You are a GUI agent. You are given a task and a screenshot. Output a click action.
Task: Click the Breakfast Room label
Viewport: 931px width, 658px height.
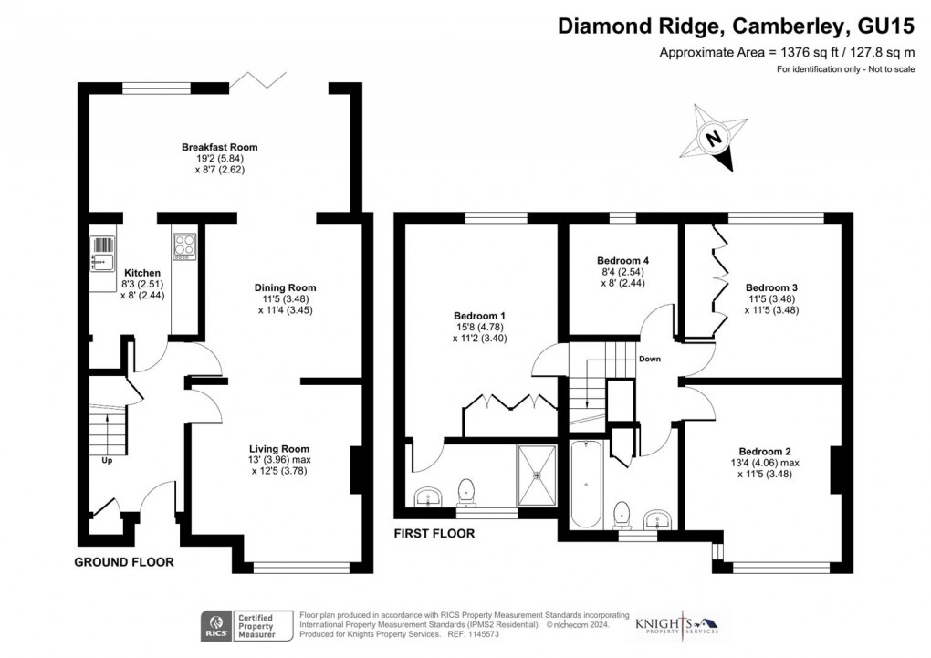pos(220,147)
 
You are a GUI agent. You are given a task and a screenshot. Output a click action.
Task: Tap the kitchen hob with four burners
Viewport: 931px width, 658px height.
pos(184,246)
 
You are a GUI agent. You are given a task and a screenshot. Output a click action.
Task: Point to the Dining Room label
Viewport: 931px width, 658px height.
pos(286,288)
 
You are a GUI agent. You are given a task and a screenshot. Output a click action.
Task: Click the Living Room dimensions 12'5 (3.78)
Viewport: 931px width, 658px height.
pos(279,471)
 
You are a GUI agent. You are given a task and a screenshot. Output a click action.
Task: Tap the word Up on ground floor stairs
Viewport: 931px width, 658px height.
pos(107,460)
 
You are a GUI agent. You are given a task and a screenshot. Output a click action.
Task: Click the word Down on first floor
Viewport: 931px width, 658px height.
pos(650,359)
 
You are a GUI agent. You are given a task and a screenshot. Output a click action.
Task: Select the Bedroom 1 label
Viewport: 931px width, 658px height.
pos(480,316)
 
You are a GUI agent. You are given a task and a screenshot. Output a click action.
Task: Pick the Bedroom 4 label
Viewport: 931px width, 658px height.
pos(622,261)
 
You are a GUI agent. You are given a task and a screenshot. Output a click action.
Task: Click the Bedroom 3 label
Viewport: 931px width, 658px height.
pos(772,288)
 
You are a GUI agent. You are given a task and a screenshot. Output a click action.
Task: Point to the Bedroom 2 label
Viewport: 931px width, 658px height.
pos(765,452)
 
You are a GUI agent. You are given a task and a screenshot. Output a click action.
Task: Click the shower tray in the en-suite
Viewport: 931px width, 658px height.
pos(537,475)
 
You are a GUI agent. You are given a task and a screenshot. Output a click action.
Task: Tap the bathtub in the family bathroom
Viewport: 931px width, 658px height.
pos(586,484)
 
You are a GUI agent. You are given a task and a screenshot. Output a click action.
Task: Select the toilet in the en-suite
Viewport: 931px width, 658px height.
pos(467,492)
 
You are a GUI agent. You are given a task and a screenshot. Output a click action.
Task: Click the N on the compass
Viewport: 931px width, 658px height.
pos(714,139)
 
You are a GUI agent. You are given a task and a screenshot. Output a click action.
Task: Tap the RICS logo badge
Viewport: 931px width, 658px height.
pos(216,626)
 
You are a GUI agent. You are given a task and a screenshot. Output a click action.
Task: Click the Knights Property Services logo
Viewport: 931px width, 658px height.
pos(677,624)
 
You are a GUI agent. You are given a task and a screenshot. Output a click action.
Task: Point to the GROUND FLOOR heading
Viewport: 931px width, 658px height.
pos(124,562)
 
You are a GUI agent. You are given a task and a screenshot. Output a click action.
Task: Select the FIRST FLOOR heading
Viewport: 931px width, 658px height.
pos(434,534)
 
